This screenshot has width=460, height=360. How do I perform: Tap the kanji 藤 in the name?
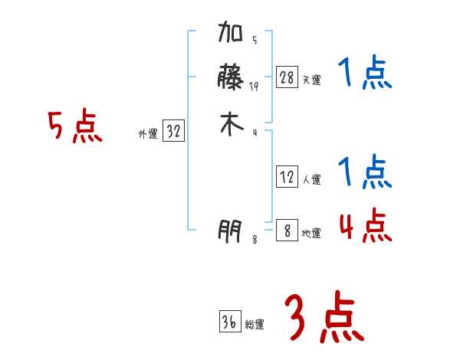point(231,78)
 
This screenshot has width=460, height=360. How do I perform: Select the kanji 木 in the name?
point(231,125)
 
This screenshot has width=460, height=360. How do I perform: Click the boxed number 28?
point(287,77)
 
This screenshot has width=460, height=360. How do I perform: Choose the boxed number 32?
point(173,131)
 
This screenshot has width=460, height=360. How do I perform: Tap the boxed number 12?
point(287,177)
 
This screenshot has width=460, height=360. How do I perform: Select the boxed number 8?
point(287,230)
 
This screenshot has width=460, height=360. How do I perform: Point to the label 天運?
point(311,80)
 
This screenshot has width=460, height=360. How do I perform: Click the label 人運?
point(311,180)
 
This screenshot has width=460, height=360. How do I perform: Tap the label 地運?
point(311,233)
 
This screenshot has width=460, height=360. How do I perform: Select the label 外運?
point(148,134)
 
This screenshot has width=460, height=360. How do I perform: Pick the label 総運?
point(255,325)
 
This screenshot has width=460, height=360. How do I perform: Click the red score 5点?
point(74,127)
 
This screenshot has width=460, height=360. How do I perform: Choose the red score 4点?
point(364,224)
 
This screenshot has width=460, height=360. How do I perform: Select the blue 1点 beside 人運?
point(364,172)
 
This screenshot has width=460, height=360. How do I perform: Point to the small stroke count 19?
point(255,87)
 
